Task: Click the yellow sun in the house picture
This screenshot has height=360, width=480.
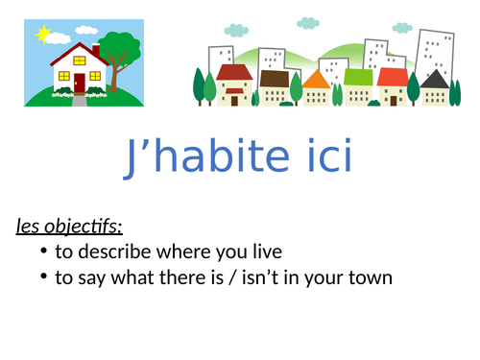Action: pos(41,35)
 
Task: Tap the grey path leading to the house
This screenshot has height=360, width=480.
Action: pos(79,100)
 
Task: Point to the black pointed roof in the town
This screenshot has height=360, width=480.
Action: pos(435,77)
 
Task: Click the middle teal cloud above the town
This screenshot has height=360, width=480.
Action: pos(307,22)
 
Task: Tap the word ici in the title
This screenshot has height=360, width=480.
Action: pos(326,159)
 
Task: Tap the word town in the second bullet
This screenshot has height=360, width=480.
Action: pos(372,278)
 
